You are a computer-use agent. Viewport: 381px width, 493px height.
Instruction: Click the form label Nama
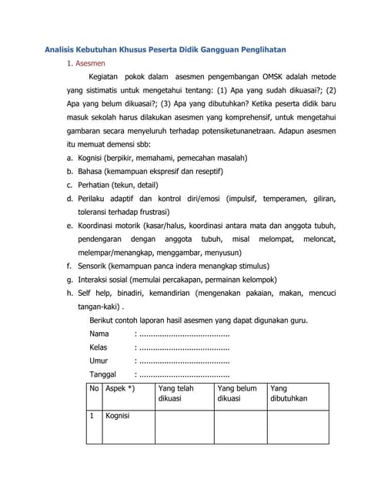pos(99,334)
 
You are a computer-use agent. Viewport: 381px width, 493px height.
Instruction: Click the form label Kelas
pos(99,347)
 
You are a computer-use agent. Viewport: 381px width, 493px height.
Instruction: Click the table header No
pos(94,388)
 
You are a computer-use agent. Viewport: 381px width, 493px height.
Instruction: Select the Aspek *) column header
pos(120,388)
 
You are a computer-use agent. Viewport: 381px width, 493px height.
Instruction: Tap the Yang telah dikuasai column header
pos(176,394)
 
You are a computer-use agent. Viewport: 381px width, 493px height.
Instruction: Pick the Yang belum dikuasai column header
pos(237,394)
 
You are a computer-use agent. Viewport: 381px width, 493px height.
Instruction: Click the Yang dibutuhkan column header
pos(289,394)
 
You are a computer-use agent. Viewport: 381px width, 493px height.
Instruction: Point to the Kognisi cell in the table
pos(118,416)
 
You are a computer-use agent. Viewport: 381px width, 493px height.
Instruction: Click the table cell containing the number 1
pos(92,416)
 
